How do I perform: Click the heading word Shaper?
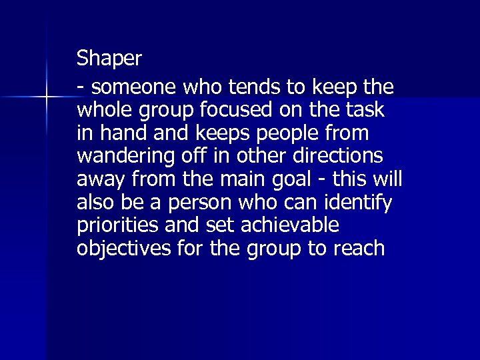coord(109,59)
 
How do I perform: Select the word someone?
coord(126,88)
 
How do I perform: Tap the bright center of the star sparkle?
coord(47,98)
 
